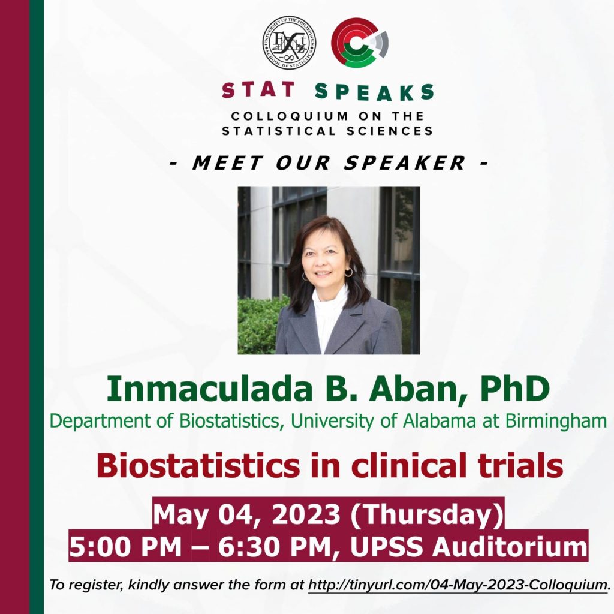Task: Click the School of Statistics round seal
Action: [x=290, y=43]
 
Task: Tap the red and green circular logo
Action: [x=360, y=43]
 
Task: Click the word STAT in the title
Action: [x=258, y=90]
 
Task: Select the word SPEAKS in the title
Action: [x=374, y=92]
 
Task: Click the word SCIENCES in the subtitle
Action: [x=390, y=131]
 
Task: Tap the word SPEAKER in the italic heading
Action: [x=405, y=162]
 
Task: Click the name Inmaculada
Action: [x=209, y=389]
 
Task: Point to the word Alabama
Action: [x=439, y=421]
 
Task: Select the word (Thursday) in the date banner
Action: [x=426, y=514]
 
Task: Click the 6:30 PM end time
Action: [x=275, y=547]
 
